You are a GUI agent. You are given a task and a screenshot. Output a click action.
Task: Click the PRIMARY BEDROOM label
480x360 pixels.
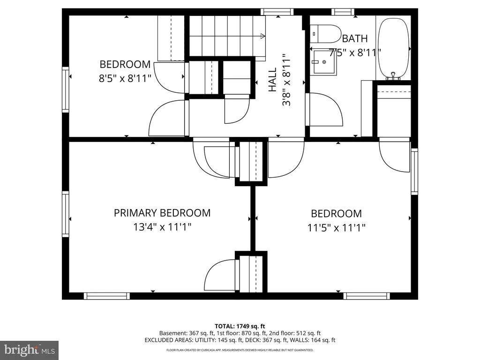tap(162, 213)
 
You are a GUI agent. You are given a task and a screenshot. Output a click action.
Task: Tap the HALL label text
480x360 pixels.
tap(272, 80)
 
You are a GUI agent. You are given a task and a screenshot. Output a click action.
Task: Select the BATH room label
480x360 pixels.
tap(355, 38)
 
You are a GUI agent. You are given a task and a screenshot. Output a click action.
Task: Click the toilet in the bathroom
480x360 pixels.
tap(325, 34)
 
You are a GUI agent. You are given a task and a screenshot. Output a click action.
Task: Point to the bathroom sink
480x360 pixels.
tap(324, 62)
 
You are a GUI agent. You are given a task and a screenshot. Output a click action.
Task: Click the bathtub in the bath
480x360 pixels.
tap(393, 48)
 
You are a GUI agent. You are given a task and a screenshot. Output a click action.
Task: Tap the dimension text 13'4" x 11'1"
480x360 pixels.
tap(162, 227)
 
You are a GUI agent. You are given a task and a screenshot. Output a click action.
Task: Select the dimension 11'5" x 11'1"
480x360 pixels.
tap(337, 228)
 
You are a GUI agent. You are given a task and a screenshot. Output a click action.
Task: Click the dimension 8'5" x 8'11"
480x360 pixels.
tap(125, 79)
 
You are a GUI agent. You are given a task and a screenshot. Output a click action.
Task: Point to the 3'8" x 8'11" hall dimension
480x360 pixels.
tap(286, 80)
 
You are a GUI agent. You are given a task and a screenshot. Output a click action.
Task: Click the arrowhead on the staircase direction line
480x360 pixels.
tap(262, 36)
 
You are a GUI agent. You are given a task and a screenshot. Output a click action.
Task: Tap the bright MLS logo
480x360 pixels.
tap(30, 350)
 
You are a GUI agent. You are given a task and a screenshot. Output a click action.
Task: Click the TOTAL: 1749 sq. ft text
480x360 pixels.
tap(240, 326)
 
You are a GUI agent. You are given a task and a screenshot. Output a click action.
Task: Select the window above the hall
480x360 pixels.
tap(277, 12)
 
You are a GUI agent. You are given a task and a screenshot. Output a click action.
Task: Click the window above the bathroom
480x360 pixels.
tap(343, 12)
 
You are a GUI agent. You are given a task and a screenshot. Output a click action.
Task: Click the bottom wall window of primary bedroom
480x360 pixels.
tap(106, 296)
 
